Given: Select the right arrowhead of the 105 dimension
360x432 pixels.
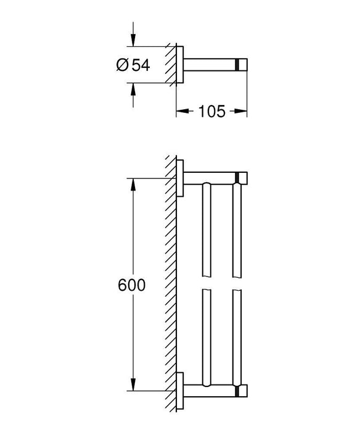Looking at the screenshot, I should pos(243,111).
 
